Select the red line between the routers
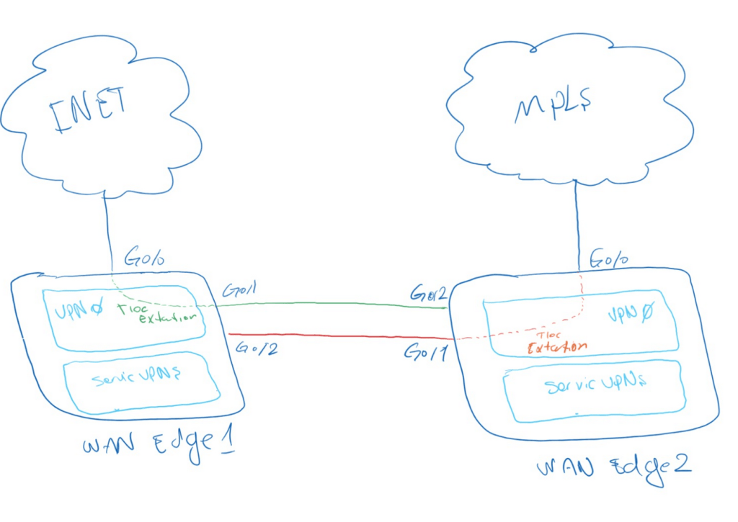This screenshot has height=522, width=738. coord(339,336)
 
